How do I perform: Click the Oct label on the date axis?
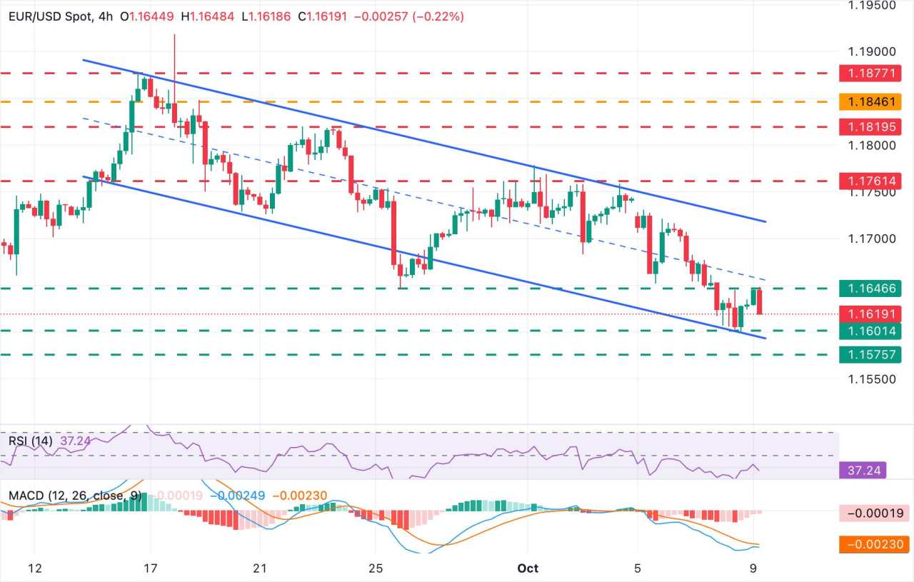528,568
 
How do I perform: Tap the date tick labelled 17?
151,568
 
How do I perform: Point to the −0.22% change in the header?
443,16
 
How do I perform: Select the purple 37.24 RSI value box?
862,470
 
